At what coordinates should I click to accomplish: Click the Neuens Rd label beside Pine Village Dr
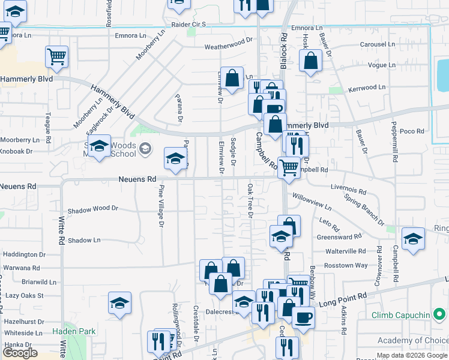click(137, 179)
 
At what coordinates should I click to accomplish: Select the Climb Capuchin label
click(400, 315)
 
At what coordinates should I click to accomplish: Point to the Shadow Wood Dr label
click(93, 208)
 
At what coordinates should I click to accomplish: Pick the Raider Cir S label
click(189, 25)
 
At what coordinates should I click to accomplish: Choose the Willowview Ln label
click(312, 200)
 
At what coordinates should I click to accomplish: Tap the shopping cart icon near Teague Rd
click(56, 57)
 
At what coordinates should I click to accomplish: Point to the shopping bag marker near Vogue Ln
click(310, 61)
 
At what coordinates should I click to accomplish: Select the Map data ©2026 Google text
click(412, 356)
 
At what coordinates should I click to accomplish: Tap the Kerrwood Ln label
click(365, 88)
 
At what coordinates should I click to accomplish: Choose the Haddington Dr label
click(24, 255)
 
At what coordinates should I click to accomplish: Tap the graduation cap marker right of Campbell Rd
click(412, 239)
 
